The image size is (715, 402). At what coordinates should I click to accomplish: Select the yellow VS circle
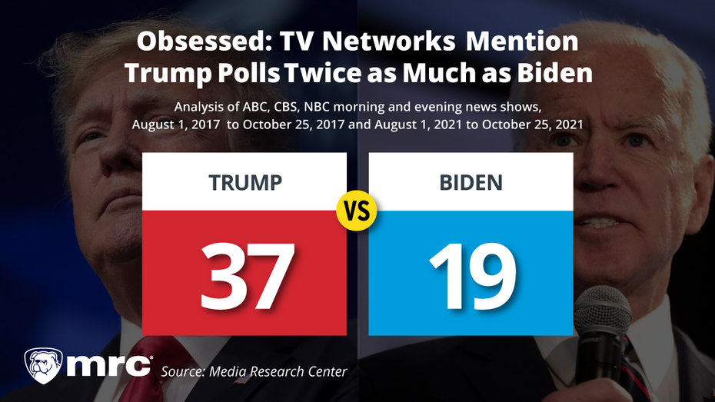[357, 211]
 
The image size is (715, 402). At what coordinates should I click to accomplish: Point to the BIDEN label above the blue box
[471, 183]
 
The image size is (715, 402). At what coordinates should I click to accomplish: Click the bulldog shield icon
[44, 366]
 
